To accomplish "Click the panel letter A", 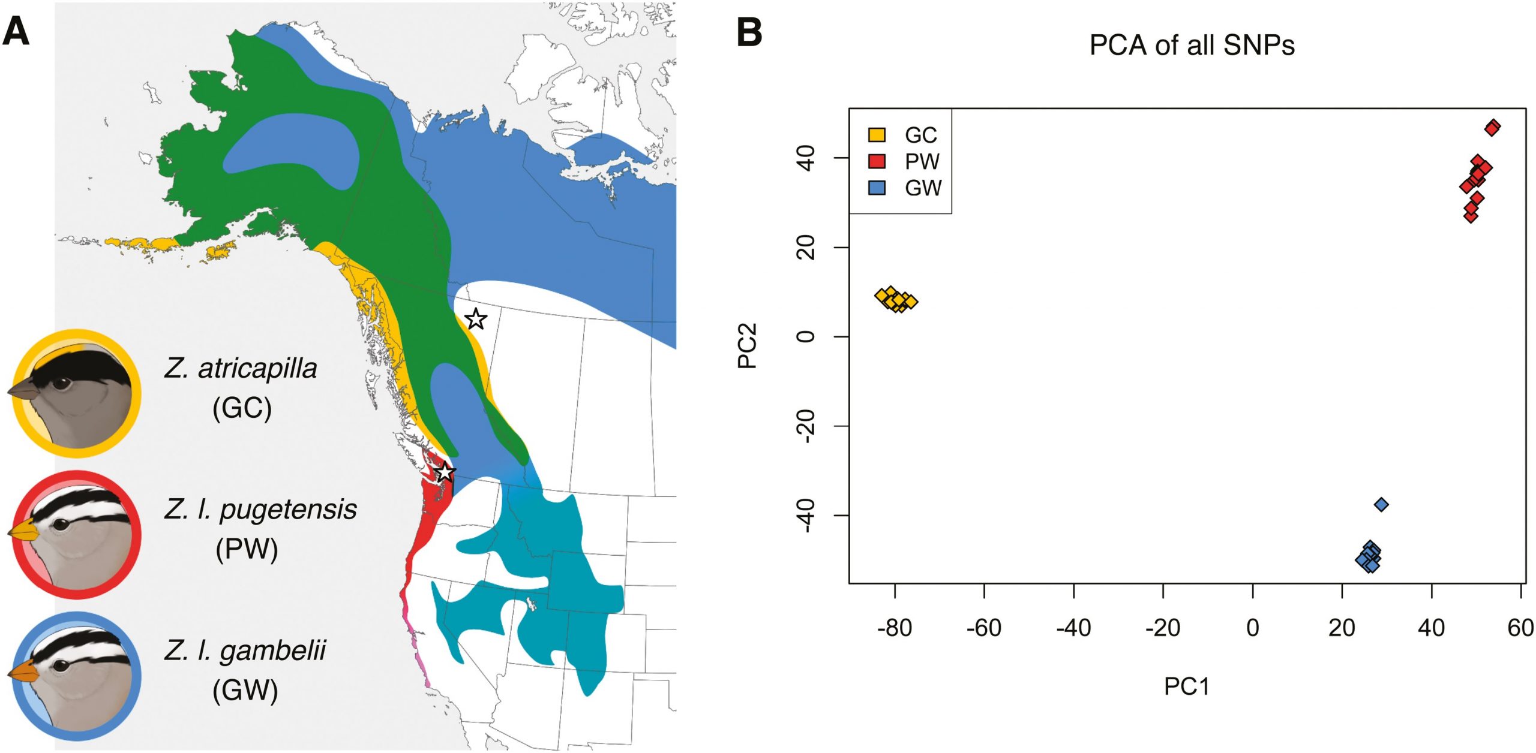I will point(16,31).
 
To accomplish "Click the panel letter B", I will point(749,32).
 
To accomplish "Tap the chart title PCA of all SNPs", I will point(1192,46).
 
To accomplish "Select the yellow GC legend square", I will point(877,134).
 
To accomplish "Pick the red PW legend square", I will point(877,161).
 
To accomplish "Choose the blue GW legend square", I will point(877,188).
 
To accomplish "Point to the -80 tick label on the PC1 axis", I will point(894,628).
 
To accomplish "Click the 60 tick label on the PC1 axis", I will point(1520,628).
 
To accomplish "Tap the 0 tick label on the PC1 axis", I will point(1252,628).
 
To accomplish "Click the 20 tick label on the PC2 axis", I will point(806,247).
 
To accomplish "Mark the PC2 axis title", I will point(748,345).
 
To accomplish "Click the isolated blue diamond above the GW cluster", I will point(1381,505).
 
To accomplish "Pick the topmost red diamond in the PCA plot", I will point(1492,127).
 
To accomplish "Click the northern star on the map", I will point(476,319).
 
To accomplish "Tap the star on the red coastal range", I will point(444,472).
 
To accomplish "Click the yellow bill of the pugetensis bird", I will point(23,530).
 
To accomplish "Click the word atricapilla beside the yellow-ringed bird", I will point(257,368).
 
